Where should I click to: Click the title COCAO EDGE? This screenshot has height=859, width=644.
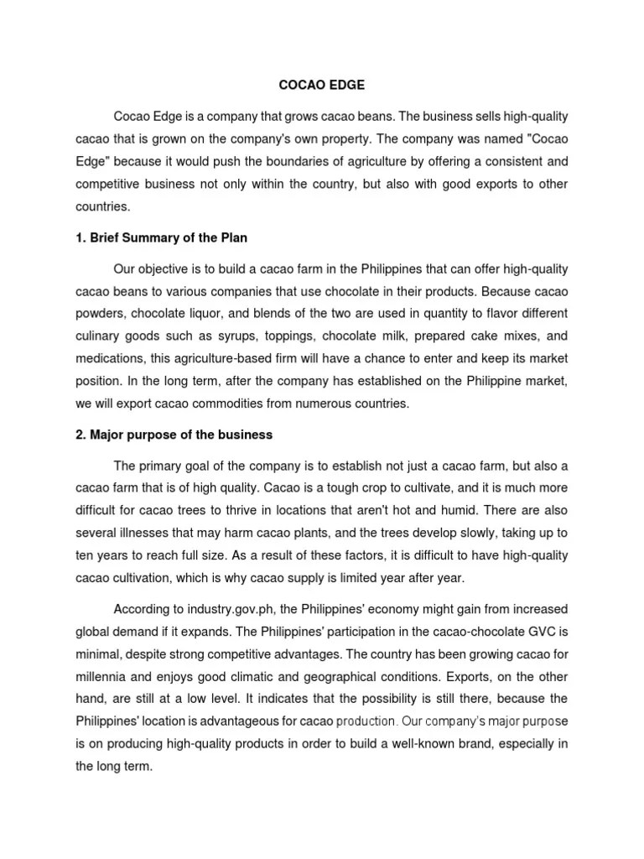[x=321, y=86]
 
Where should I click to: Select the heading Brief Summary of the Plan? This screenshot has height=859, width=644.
[x=162, y=238]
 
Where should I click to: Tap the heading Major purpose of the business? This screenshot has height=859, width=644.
[x=174, y=435]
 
